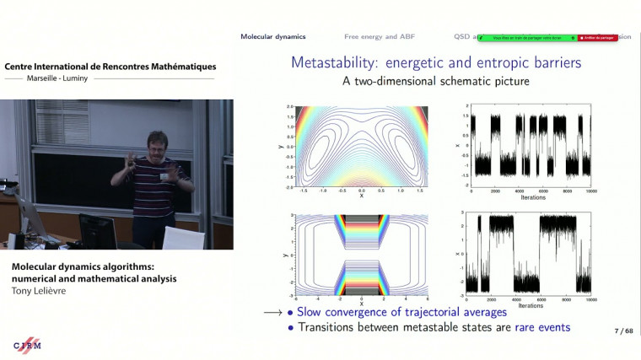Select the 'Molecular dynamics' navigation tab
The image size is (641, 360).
pos(272,36)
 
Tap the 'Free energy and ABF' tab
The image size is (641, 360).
pos(378,36)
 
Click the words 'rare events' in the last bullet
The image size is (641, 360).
pos(542,327)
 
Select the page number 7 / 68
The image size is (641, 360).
pos(623,331)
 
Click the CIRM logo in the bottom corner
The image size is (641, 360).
pos(27,346)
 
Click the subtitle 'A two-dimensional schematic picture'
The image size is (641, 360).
pos(436,83)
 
